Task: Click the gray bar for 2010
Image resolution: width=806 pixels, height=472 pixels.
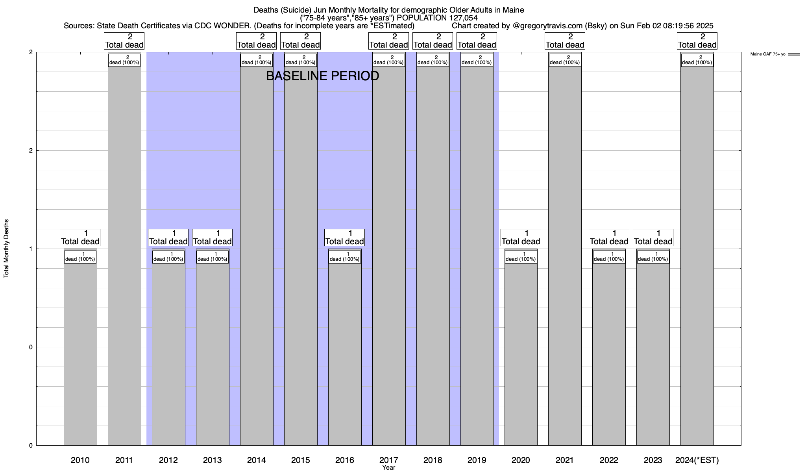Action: point(80,354)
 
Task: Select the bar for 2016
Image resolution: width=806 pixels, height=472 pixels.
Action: point(345,354)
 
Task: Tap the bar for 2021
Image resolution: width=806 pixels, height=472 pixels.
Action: point(565,256)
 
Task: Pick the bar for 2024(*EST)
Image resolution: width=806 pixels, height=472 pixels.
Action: point(697,256)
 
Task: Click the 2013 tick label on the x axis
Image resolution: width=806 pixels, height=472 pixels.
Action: point(213,460)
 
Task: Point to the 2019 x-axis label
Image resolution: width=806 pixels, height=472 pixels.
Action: point(477,460)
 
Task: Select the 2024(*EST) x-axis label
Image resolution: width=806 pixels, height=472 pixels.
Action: point(697,460)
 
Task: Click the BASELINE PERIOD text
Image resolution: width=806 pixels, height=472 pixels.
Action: point(322,76)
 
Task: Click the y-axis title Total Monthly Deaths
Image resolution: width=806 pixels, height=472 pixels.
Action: point(6,249)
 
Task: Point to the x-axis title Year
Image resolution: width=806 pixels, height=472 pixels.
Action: point(388,468)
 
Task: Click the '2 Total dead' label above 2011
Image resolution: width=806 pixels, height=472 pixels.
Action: point(124,41)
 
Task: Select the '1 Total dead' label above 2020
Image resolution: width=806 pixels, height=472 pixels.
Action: point(521,238)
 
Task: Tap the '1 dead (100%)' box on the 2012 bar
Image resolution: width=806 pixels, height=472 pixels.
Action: point(168,257)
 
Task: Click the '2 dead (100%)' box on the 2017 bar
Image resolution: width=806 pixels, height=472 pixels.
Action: point(388,60)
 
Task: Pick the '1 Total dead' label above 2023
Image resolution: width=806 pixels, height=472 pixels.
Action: point(653,238)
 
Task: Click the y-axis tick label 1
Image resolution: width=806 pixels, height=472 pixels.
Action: point(31,249)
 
